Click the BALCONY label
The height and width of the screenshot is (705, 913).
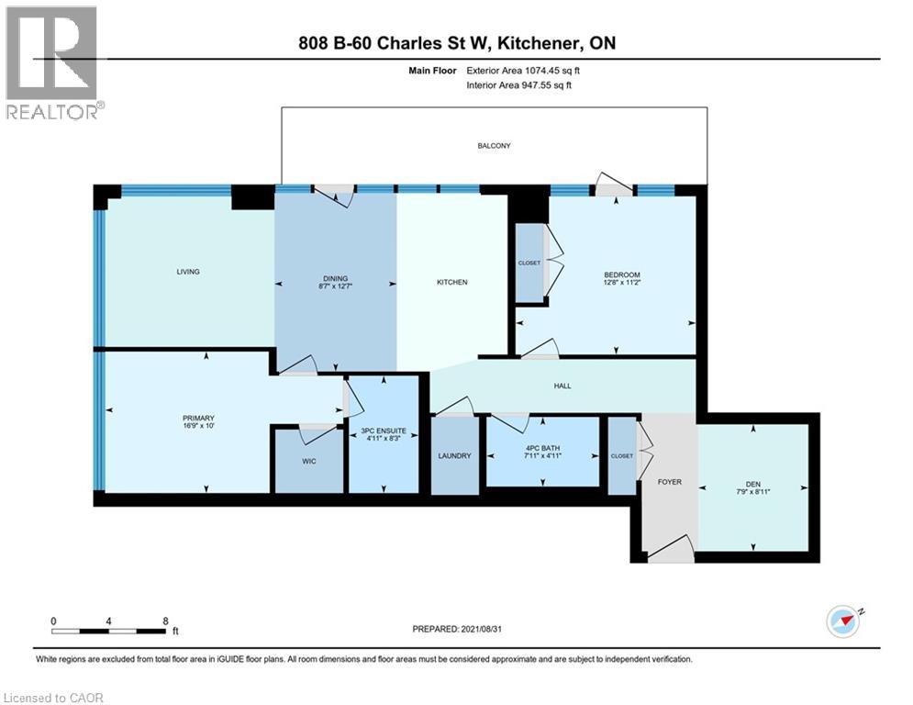494,146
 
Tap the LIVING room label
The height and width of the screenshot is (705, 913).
188,272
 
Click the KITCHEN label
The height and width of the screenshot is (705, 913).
452,282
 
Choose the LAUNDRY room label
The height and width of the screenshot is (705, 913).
454,456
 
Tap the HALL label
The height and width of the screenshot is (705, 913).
562,386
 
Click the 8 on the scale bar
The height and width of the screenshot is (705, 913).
165,621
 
